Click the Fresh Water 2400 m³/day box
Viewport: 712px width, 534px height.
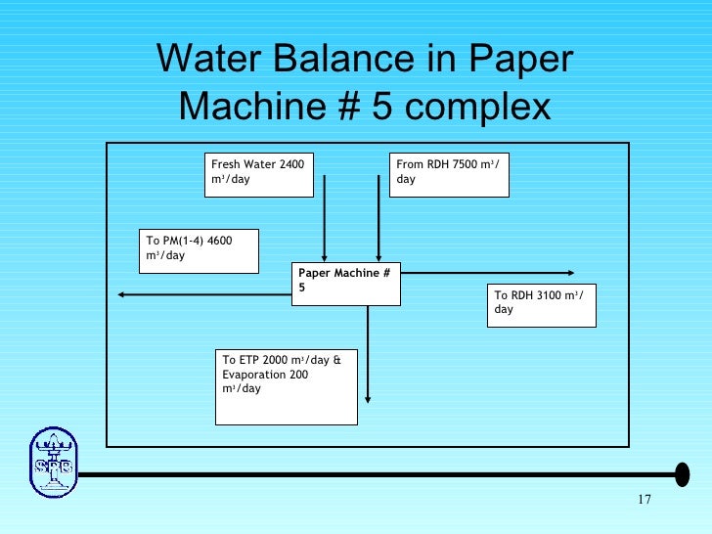(x=259, y=174)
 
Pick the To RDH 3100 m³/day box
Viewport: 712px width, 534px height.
(x=541, y=304)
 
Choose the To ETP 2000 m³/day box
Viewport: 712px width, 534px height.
(x=286, y=386)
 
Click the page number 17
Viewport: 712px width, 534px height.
(x=643, y=502)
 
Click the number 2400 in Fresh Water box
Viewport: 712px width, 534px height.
(x=291, y=164)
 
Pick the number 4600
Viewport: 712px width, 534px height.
(x=218, y=241)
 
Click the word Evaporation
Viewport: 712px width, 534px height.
(x=254, y=374)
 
